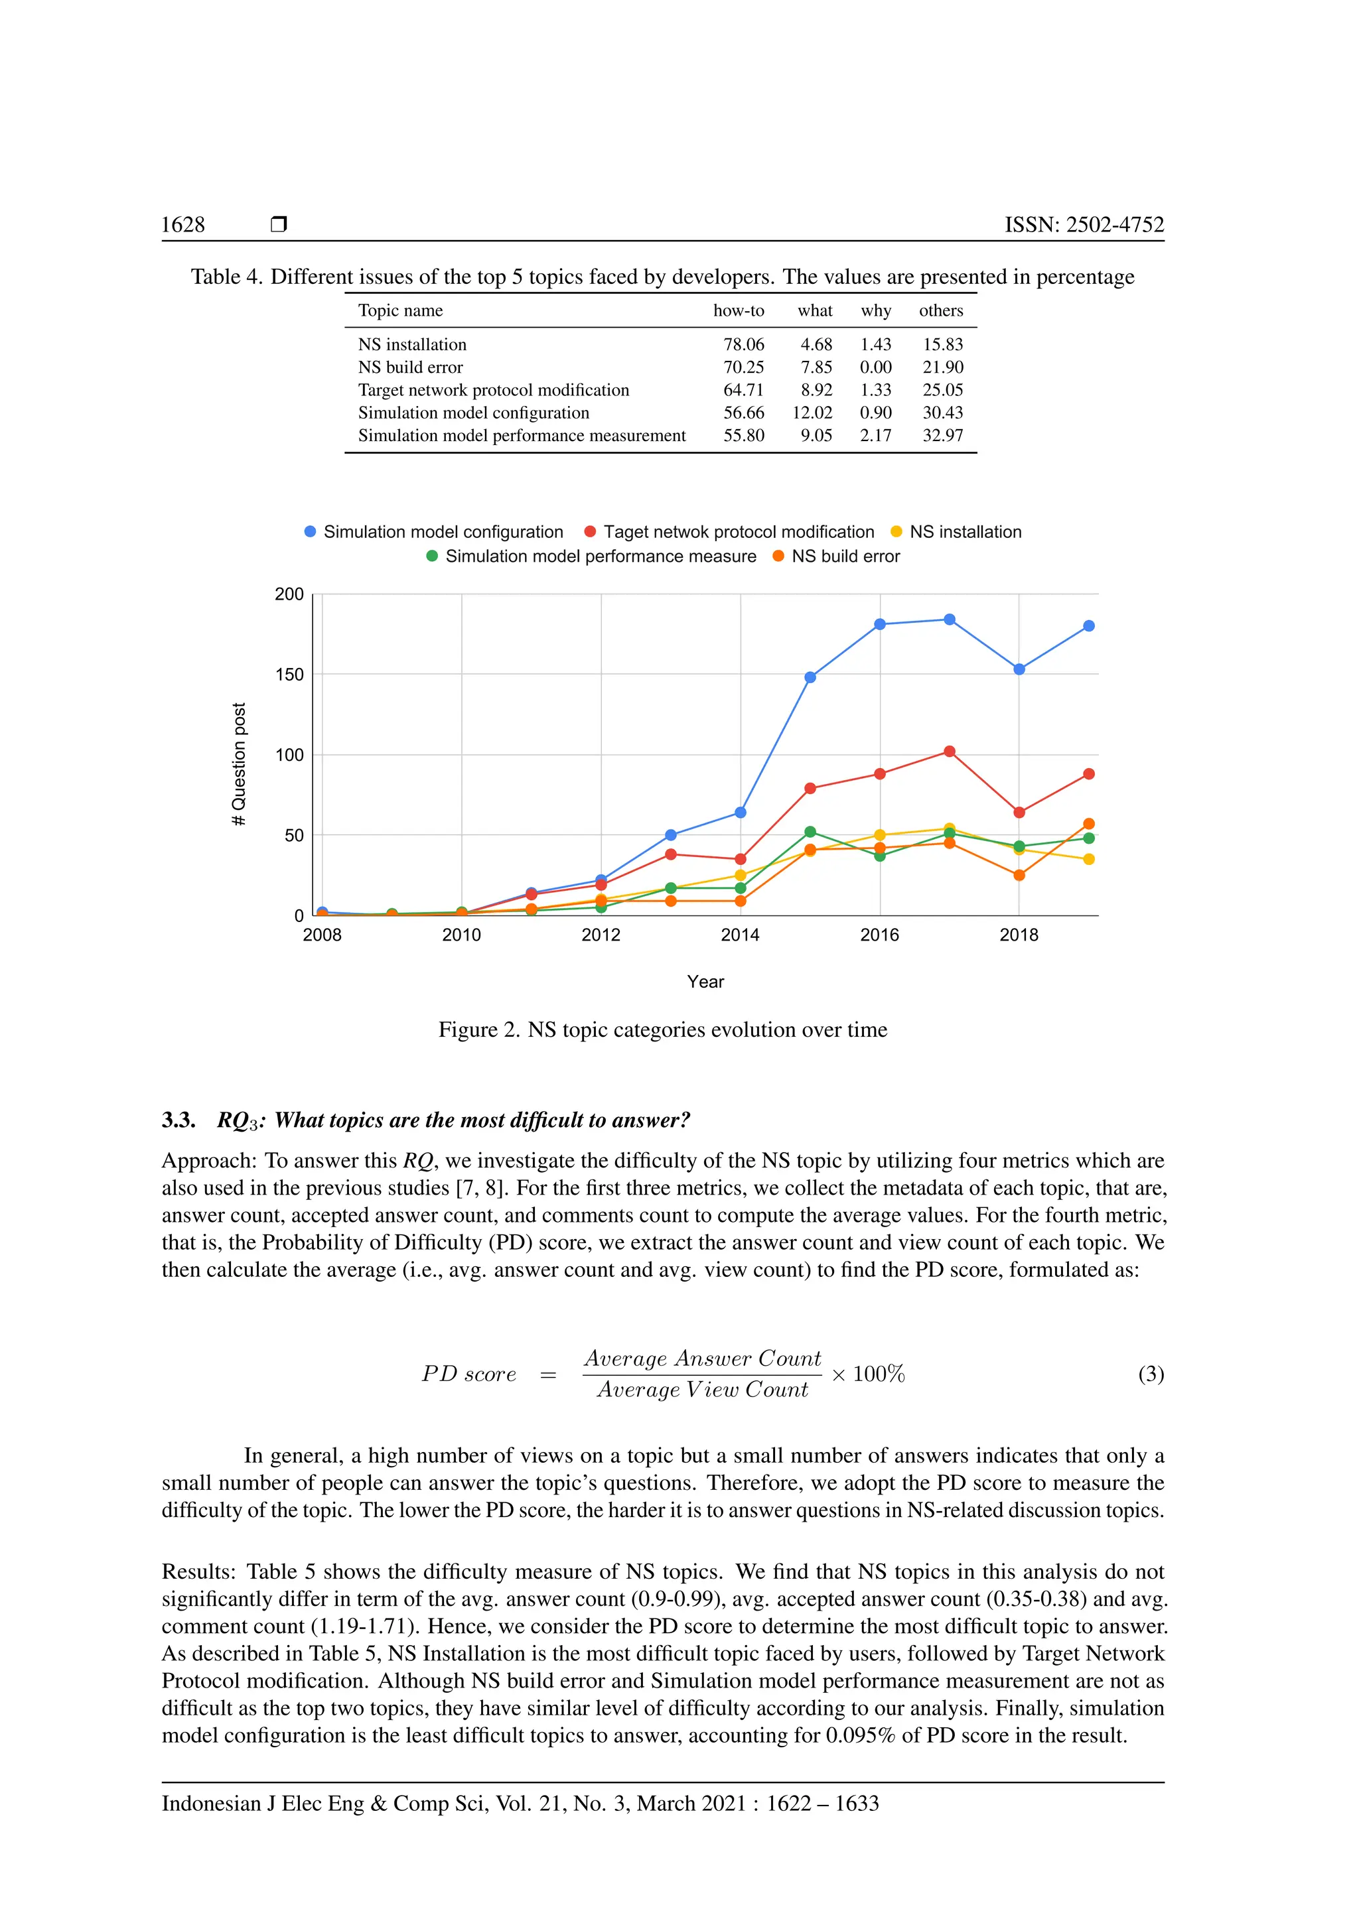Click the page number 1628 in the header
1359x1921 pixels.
182,224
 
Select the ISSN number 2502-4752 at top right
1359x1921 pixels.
1084,224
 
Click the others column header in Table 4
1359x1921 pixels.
940,310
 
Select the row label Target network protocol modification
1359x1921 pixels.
493,390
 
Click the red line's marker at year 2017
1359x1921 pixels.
949,752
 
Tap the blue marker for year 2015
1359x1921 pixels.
810,677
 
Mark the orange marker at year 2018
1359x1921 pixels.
1019,875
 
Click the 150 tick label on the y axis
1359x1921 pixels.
289,675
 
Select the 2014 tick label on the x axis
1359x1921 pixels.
740,935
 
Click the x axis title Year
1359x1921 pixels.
705,982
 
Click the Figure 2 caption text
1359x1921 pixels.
662,1030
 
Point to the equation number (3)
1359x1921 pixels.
1151,1373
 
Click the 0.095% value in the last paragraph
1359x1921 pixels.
859,1735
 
